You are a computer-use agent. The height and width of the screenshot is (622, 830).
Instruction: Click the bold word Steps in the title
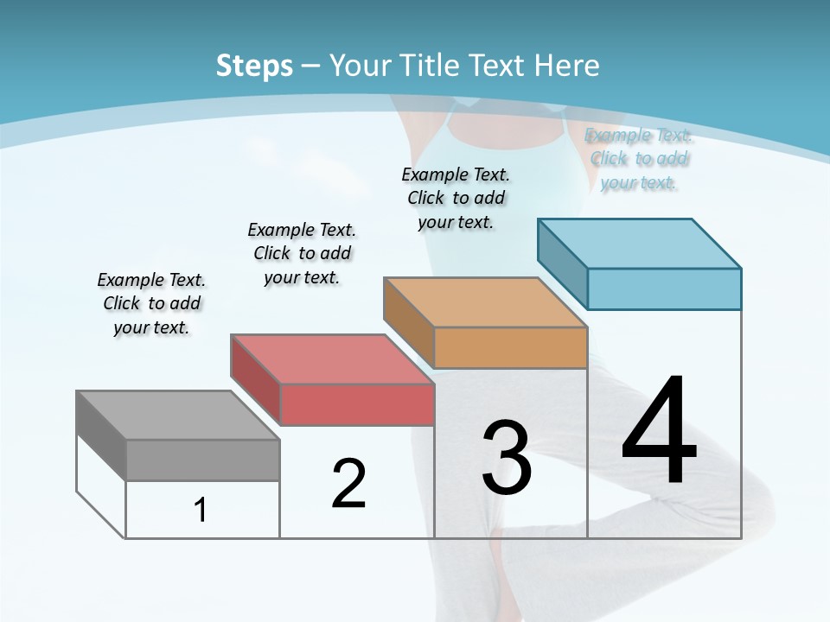(254, 66)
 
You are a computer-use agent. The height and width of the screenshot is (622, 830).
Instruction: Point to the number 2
(348, 484)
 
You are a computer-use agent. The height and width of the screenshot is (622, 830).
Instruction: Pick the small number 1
(201, 510)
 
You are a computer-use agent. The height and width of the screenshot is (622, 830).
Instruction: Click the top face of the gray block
(177, 415)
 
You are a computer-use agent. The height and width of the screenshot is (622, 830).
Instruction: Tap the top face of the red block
(332, 359)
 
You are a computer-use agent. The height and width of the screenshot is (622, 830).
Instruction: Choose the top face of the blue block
(639, 243)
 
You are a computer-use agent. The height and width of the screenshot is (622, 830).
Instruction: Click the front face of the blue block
(664, 289)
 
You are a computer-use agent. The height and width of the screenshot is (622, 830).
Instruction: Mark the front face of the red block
(357, 404)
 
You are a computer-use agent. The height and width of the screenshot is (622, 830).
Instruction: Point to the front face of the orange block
(510, 347)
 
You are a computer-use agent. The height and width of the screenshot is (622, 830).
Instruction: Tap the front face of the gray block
(202, 460)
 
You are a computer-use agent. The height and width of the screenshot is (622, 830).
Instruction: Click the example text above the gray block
(151, 303)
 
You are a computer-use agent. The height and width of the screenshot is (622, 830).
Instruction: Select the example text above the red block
(302, 253)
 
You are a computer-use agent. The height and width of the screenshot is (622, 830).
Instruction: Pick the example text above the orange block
(456, 198)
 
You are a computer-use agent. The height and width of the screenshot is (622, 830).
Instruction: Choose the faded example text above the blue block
(639, 158)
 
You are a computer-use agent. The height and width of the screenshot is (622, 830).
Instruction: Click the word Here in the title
(569, 66)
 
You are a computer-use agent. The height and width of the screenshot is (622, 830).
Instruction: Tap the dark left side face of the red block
(256, 380)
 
